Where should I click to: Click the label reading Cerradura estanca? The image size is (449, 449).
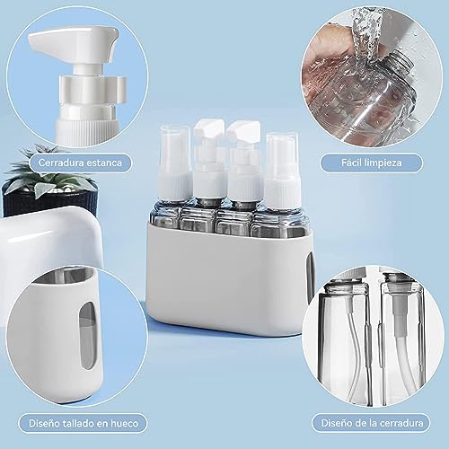pyautogui.click(x=80, y=163)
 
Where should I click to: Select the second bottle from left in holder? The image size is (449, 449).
pyautogui.click(x=209, y=171)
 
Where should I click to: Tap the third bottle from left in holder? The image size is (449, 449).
pyautogui.click(x=242, y=171)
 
